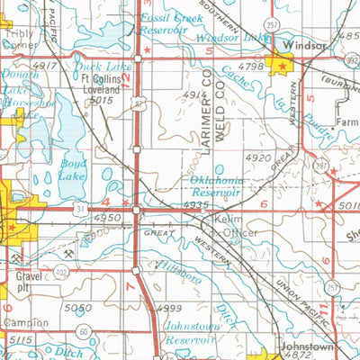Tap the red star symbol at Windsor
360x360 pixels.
click(x=283, y=66)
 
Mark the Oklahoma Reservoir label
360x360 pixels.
click(x=217, y=186)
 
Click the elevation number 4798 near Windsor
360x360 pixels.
click(x=251, y=66)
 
